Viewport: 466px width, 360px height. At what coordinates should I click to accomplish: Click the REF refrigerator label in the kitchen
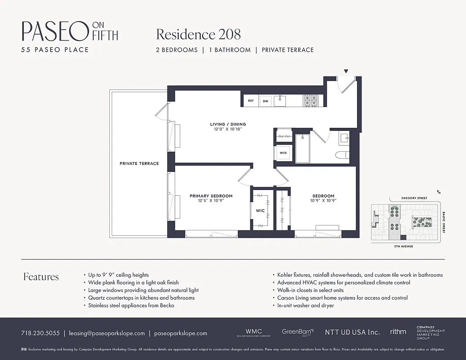click(251, 101)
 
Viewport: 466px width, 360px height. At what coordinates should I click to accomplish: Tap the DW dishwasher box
click(266, 101)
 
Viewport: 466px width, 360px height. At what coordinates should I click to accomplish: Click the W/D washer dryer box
click(283, 153)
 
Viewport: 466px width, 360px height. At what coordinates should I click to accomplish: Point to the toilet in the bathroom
click(343, 156)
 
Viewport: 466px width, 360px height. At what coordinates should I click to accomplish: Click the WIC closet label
click(260, 211)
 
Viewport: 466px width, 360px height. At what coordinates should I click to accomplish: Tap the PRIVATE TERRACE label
click(139, 163)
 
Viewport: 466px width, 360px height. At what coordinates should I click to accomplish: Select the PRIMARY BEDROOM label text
click(211, 196)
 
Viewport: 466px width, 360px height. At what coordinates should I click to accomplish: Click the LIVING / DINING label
click(228, 124)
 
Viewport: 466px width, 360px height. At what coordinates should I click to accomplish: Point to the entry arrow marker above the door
click(346, 71)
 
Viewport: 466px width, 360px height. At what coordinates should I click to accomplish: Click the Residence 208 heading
click(198, 34)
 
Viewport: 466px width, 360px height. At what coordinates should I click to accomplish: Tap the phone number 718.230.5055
click(40, 333)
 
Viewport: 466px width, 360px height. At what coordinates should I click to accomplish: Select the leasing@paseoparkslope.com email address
click(107, 333)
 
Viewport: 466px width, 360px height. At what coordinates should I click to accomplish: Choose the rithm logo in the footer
click(398, 332)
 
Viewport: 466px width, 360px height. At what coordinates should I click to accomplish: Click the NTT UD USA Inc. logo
click(352, 332)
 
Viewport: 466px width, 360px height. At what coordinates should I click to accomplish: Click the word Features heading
click(41, 276)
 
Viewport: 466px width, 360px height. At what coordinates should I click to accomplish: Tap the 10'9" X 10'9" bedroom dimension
click(323, 201)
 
